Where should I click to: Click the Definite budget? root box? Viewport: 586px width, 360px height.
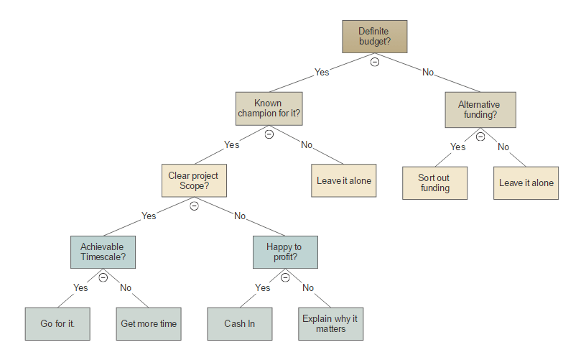tap(374, 37)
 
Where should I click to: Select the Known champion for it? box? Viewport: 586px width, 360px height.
tap(269, 109)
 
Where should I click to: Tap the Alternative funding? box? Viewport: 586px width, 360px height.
tap(480, 109)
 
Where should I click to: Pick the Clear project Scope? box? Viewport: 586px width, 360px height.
tap(194, 180)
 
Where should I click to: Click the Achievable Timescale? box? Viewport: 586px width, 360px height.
tap(103, 252)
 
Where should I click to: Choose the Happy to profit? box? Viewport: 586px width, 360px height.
tap(284, 252)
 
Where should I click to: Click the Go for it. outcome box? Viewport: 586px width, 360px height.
tap(57, 324)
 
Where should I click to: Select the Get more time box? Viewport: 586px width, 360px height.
tap(149, 324)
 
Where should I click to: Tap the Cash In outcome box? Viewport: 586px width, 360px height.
tap(240, 324)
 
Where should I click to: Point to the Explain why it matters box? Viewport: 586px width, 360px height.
tap(330, 324)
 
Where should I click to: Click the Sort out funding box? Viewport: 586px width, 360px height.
tap(434, 183)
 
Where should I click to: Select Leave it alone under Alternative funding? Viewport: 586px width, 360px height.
tap(526, 183)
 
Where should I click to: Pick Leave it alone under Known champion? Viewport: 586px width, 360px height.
tap(344, 181)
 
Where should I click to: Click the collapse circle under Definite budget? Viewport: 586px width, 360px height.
tap(374, 63)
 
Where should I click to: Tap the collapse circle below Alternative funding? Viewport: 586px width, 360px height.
tap(480, 137)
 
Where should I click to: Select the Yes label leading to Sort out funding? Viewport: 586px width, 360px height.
tap(457, 147)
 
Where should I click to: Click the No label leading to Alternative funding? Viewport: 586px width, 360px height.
tap(428, 73)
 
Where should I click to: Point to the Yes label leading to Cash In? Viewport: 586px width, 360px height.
tap(263, 287)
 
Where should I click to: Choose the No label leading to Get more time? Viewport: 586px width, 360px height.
tap(126, 287)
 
